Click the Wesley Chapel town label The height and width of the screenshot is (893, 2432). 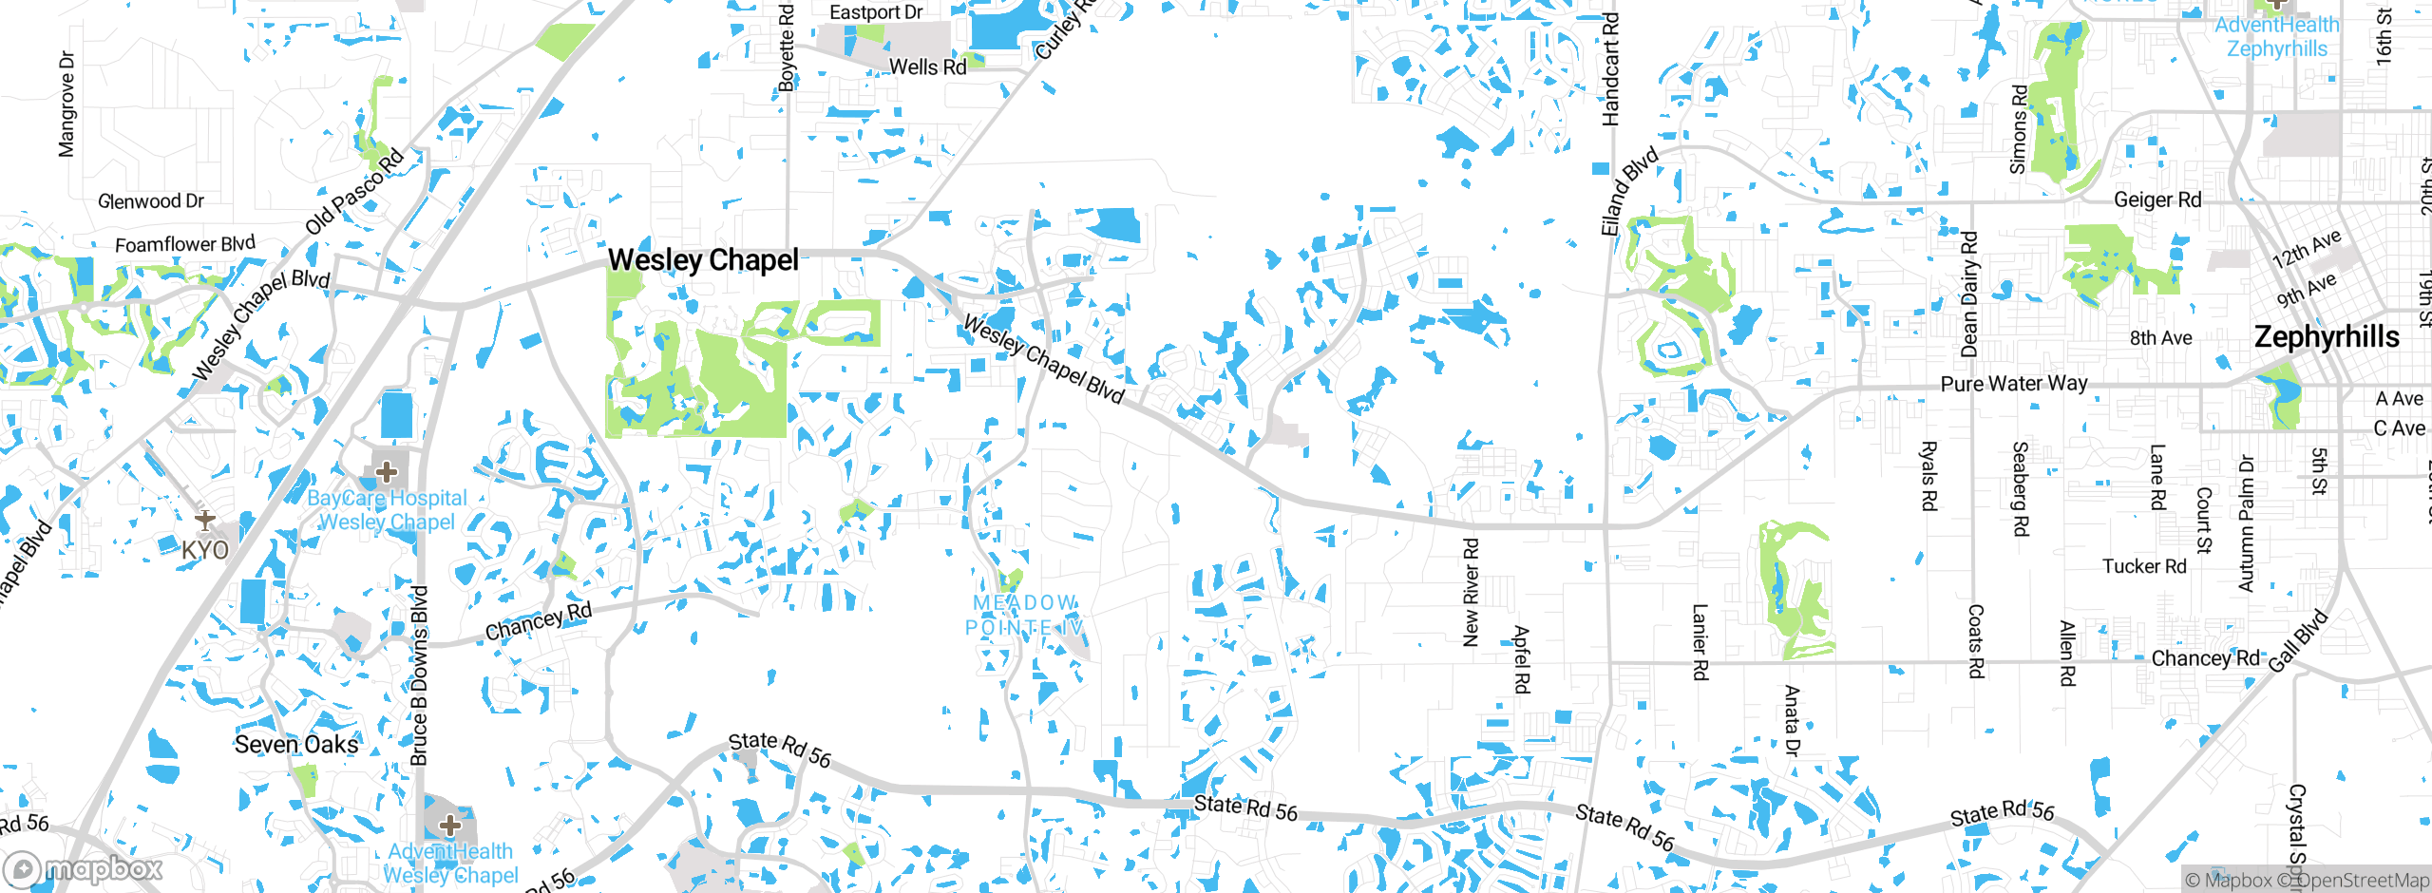pos(703,259)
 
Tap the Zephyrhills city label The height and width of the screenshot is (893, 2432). pos(2327,337)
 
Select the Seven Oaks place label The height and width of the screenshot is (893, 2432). pos(296,744)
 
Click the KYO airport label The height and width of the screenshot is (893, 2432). pos(205,550)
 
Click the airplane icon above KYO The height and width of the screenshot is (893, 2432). pos(205,521)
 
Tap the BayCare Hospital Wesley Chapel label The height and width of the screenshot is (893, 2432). pos(387,510)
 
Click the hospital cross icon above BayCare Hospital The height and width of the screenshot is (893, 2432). pos(387,471)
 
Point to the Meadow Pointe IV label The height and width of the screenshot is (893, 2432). pos(1024,615)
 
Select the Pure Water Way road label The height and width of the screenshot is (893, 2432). pos(2014,384)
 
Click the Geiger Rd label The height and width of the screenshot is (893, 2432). pos(2156,199)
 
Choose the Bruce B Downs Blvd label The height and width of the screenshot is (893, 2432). pos(419,675)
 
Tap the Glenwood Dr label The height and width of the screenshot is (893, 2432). pos(151,201)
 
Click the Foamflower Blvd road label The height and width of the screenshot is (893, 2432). pos(185,244)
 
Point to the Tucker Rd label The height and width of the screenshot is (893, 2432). pos(2144,566)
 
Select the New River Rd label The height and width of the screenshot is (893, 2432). pos(1471,593)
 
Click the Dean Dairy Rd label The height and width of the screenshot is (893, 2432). pos(1969,294)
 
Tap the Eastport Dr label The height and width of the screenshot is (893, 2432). pos(876,12)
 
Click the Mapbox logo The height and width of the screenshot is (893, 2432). pos(85,868)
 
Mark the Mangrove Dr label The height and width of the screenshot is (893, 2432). pos(66,104)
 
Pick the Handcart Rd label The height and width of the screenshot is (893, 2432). pos(1610,69)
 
